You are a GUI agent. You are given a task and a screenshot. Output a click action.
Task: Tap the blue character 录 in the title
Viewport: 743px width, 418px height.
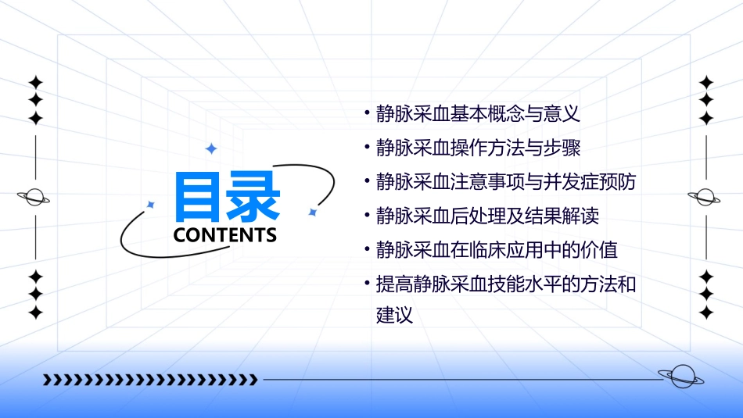[x=253, y=196]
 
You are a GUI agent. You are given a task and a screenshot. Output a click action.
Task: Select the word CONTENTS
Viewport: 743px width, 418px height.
[x=225, y=234]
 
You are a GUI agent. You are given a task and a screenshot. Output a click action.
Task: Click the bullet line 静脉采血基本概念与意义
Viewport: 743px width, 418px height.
[x=477, y=113]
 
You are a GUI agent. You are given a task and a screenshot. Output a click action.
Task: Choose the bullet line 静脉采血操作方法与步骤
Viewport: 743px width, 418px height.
[x=477, y=148]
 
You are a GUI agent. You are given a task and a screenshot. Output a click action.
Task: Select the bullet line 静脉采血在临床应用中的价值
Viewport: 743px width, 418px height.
[x=496, y=250]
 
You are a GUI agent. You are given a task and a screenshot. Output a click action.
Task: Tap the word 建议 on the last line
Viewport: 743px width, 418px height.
[x=393, y=316]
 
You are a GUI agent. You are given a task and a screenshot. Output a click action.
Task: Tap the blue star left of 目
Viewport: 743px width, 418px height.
[x=152, y=205]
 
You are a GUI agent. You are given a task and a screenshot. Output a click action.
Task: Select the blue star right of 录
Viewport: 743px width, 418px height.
[x=312, y=212]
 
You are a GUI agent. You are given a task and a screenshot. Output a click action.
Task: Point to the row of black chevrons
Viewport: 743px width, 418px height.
[x=149, y=380]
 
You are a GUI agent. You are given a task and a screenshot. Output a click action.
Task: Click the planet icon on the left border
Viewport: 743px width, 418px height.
[x=34, y=197]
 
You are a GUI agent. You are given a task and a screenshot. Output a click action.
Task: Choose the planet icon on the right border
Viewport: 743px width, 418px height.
[x=706, y=197]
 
